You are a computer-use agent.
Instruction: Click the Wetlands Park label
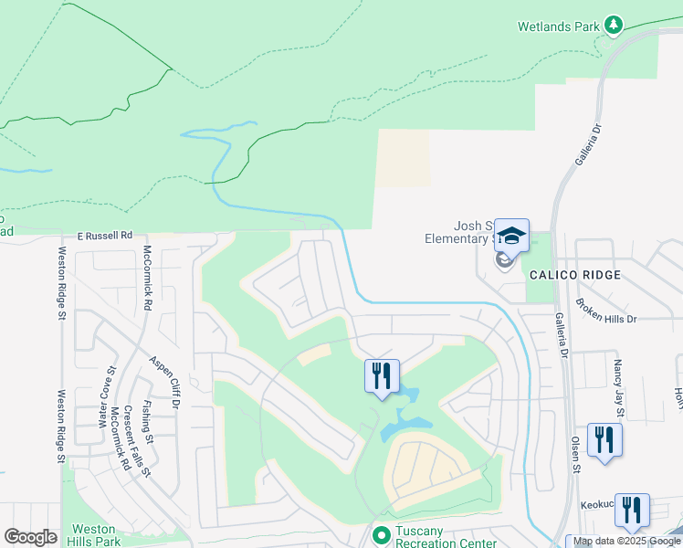click(x=558, y=26)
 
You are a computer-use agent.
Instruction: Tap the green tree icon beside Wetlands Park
click(x=615, y=25)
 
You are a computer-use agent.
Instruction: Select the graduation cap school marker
click(x=511, y=237)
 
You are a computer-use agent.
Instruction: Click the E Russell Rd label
click(x=104, y=234)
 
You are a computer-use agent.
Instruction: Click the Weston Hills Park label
click(x=95, y=535)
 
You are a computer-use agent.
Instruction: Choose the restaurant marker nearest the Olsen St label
click(x=604, y=439)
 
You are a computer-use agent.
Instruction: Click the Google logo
click(x=30, y=538)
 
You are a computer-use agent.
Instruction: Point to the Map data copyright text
click(x=626, y=542)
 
